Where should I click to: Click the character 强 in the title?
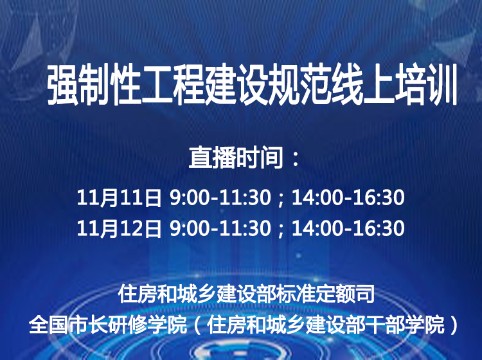(63, 85)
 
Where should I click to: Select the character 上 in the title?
(379, 85)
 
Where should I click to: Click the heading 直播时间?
(236, 158)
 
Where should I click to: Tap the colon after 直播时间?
(296, 159)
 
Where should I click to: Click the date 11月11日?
(119, 197)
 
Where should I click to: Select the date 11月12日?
(119, 228)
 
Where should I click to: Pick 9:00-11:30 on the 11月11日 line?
(220, 197)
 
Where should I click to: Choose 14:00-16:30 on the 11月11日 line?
(348, 197)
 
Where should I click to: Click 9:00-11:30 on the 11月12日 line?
(220, 228)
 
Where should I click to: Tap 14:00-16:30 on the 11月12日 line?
(348, 228)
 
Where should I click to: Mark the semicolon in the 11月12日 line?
(281, 230)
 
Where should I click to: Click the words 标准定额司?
(325, 294)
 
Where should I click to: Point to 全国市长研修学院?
(108, 325)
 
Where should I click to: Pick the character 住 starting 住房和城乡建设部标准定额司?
(128, 294)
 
